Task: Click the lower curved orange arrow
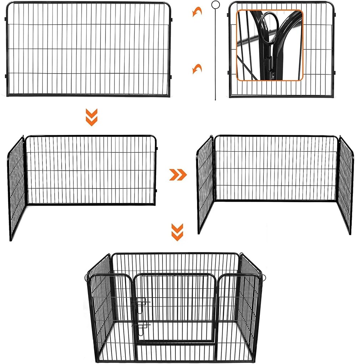coord(197,69)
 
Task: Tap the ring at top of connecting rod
coord(215,5)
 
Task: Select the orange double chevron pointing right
coord(178,175)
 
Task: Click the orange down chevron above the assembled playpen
coord(177,232)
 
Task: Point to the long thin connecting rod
coord(215,54)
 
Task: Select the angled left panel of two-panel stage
coord(17,187)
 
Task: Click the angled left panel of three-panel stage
coord(205,184)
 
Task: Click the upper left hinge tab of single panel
coord(6,18)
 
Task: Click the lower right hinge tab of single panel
coord(171,76)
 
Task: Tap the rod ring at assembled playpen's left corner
coord(87,277)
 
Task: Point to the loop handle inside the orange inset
coord(267,25)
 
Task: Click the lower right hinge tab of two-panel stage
coord(156,190)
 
